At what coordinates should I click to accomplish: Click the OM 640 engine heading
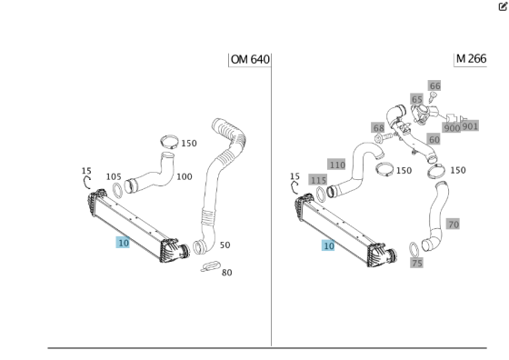[250, 59]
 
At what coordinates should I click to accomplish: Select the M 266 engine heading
[471, 59]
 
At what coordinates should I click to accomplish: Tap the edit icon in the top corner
[503, 6]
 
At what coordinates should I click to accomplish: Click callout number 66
[434, 86]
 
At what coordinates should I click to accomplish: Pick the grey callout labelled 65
[416, 99]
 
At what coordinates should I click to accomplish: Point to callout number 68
[378, 128]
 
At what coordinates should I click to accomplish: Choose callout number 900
[452, 128]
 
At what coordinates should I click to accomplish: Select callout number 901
[470, 126]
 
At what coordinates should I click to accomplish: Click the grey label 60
[434, 140]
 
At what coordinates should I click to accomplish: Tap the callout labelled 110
[337, 165]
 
